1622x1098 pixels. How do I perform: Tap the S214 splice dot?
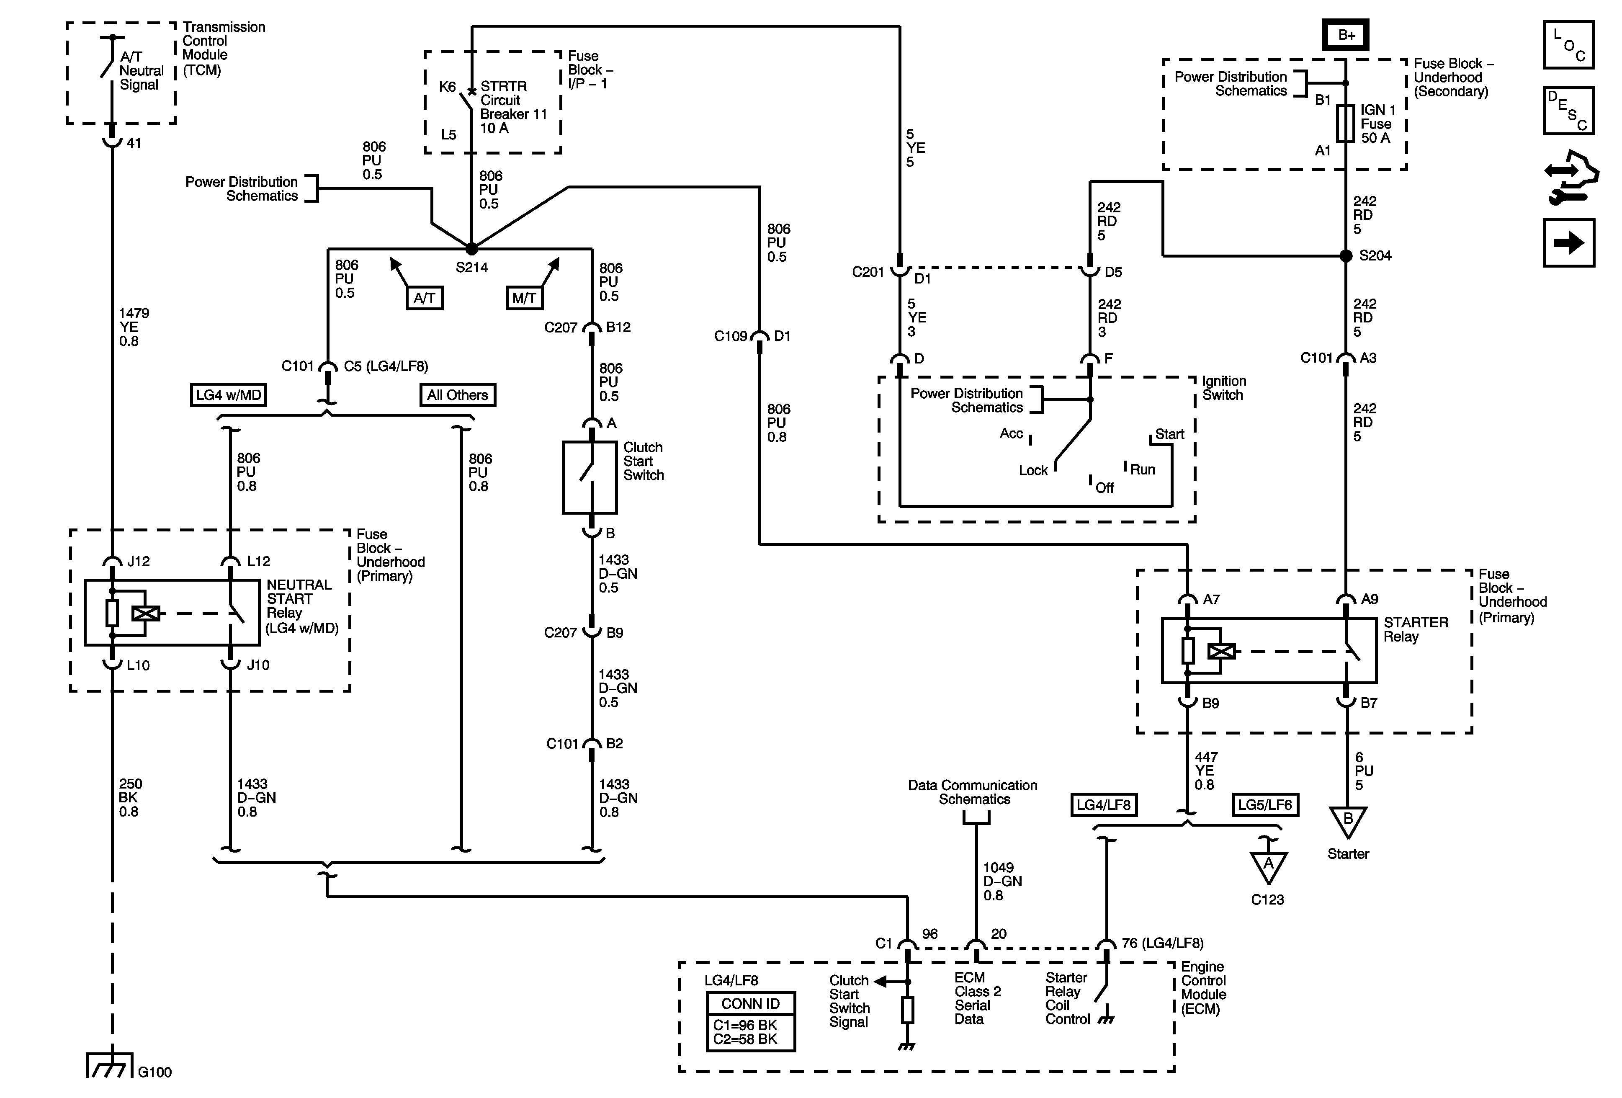[x=472, y=248]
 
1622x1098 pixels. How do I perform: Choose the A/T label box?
[x=425, y=298]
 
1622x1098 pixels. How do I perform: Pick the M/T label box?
[x=524, y=298]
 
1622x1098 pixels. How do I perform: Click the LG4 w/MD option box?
[x=228, y=395]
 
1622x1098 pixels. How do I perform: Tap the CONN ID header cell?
[x=750, y=1004]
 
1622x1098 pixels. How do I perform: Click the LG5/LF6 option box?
[x=1265, y=805]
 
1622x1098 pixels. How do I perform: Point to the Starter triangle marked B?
[x=1348, y=821]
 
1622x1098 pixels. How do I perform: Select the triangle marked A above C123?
[x=1268, y=867]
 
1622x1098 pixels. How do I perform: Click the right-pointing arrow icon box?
[x=1568, y=243]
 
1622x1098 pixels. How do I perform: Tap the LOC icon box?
[x=1568, y=45]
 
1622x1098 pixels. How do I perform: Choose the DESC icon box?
[x=1568, y=110]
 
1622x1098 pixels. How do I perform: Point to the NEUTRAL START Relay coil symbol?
[x=146, y=613]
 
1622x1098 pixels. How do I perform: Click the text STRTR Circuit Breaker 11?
[x=513, y=100]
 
